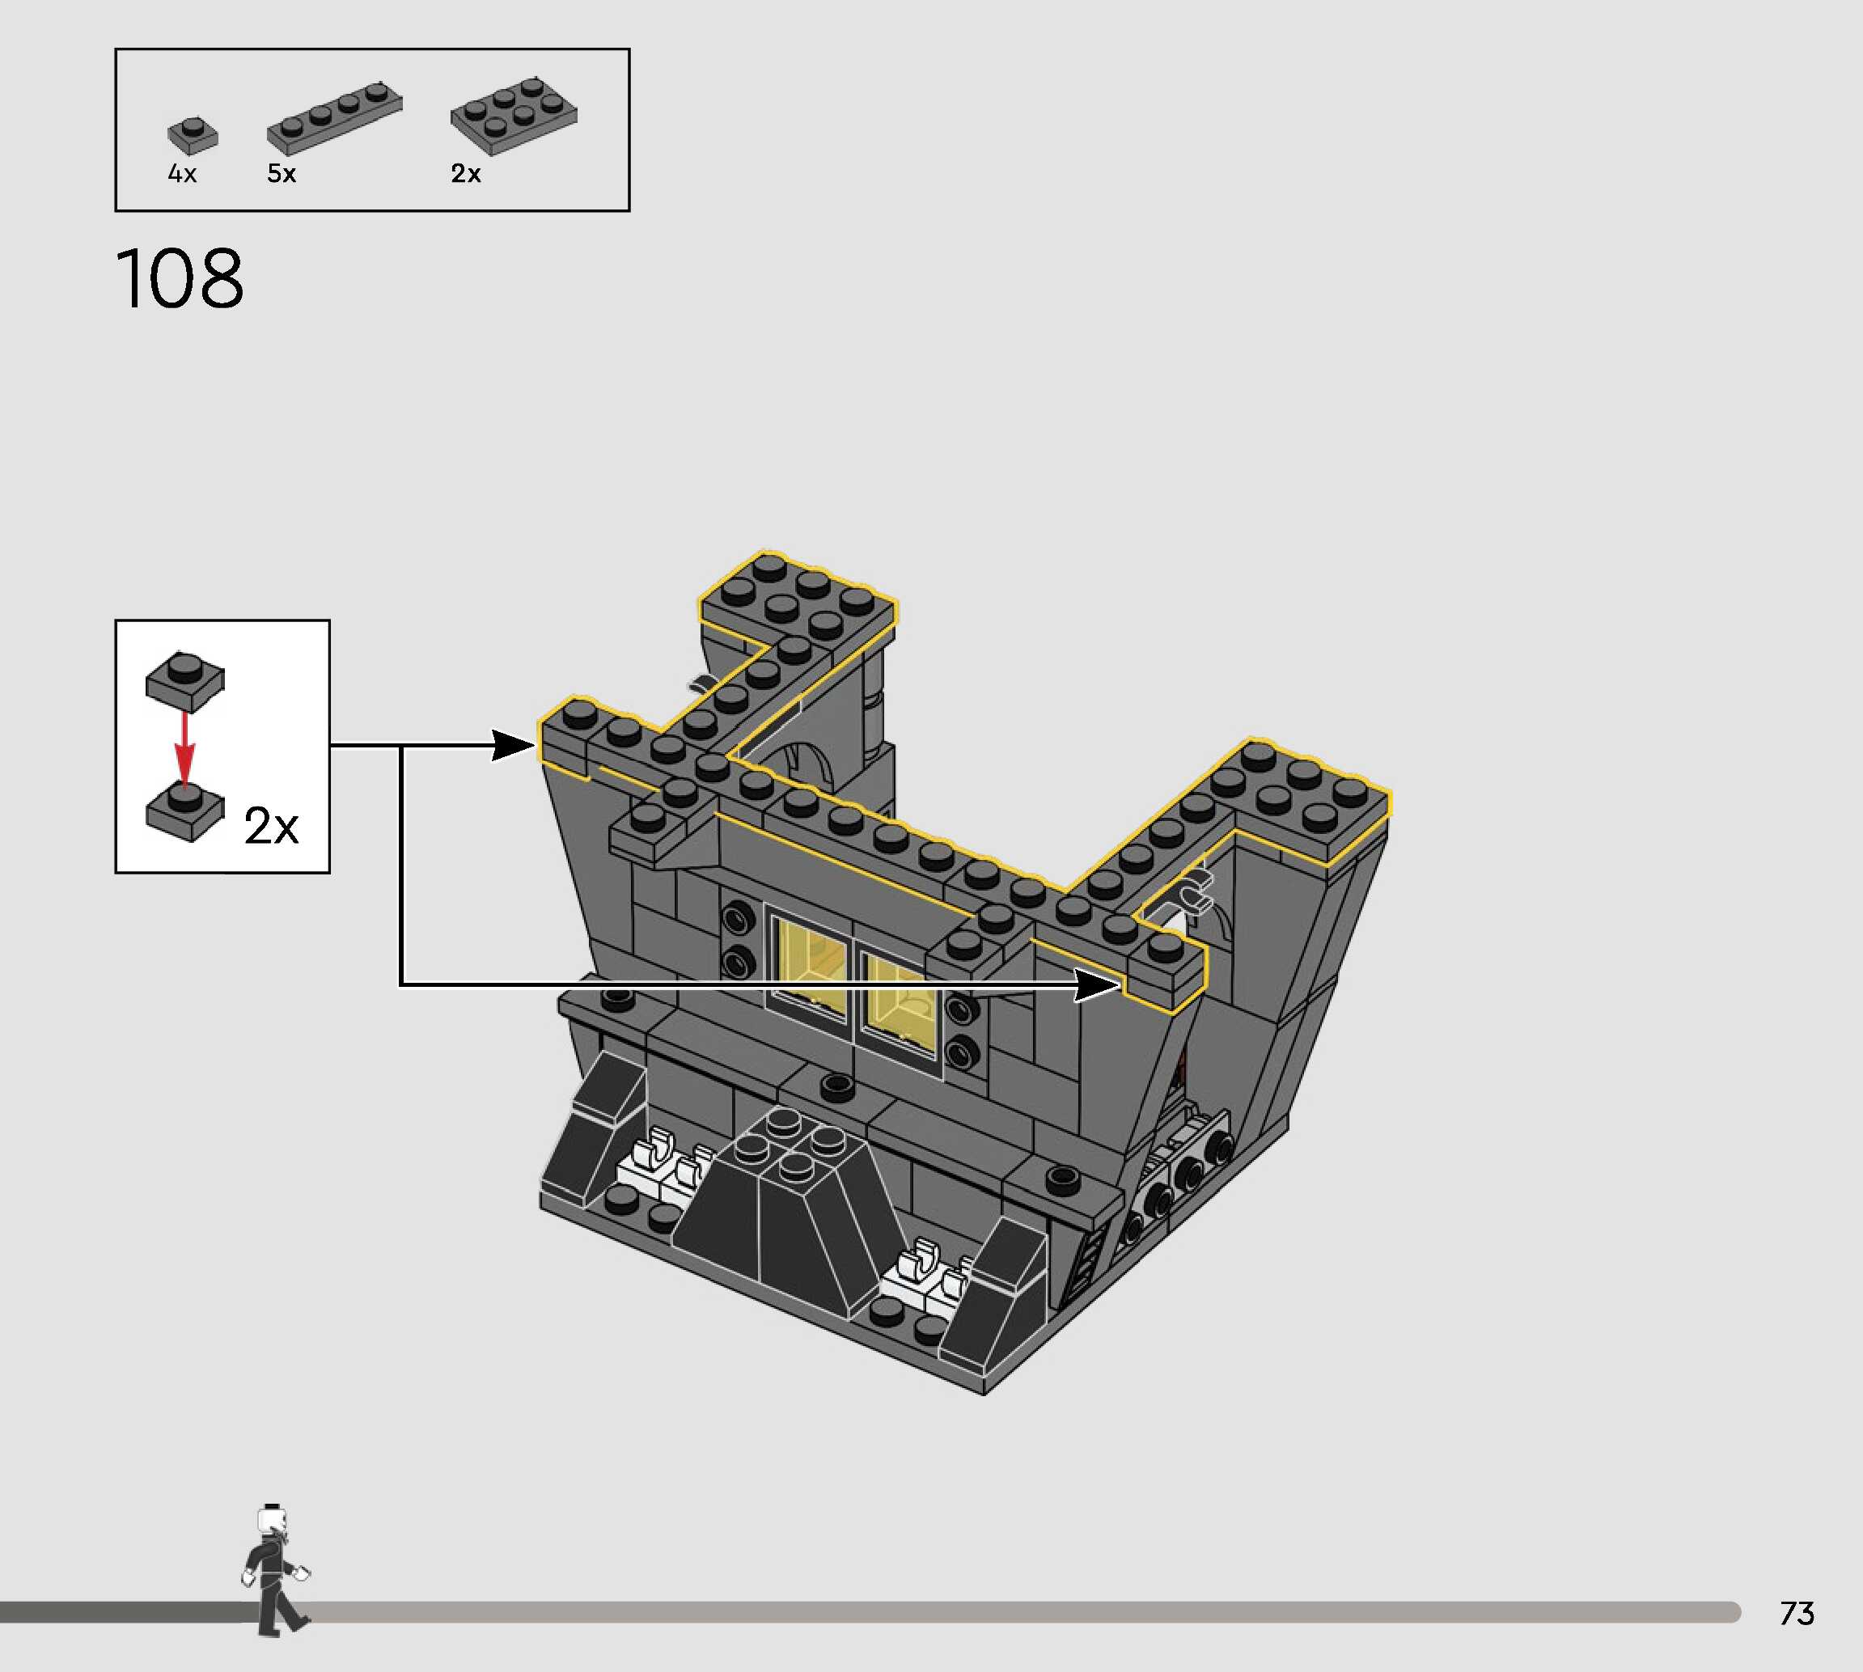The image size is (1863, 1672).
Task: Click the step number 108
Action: tap(180, 277)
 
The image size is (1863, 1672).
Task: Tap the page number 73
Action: tap(1797, 1613)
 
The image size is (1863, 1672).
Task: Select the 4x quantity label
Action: tap(182, 174)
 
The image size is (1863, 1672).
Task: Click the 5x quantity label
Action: tap(281, 174)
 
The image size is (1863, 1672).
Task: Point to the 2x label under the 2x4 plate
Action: tap(466, 174)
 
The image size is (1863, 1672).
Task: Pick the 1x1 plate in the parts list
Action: tap(193, 135)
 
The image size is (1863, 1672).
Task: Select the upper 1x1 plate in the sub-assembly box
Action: tap(184, 681)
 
